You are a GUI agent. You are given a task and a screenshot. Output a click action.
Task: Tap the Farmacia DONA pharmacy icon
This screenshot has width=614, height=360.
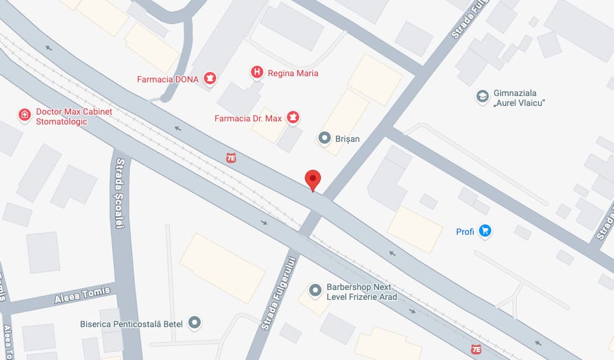[x=211, y=79]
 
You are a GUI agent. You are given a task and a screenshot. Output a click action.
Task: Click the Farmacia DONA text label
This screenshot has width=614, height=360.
[x=168, y=79]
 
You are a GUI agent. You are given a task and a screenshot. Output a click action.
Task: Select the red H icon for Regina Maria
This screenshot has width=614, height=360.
[x=256, y=72]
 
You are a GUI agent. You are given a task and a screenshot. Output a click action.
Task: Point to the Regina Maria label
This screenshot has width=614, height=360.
[x=293, y=73]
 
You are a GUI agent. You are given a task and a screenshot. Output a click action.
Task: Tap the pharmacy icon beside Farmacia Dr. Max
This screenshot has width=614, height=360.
[x=293, y=118]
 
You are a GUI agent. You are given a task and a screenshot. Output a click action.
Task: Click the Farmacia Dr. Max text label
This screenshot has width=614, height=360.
[x=248, y=118]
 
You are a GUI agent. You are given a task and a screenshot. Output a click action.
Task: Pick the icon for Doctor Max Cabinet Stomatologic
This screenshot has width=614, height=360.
[x=24, y=115]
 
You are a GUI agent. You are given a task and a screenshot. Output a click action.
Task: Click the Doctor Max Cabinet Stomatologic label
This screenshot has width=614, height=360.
[x=74, y=116]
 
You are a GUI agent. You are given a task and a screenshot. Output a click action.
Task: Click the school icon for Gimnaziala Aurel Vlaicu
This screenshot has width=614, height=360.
[x=482, y=96]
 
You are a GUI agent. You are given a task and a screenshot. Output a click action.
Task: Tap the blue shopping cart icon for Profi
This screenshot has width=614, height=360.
[x=485, y=231]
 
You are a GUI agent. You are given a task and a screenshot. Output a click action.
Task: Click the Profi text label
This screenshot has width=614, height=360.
[x=465, y=232]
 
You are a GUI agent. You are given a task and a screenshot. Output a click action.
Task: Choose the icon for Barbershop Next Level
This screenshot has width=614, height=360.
[x=315, y=289]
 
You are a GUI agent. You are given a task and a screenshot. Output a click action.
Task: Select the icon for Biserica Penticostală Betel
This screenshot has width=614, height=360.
[x=195, y=322]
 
